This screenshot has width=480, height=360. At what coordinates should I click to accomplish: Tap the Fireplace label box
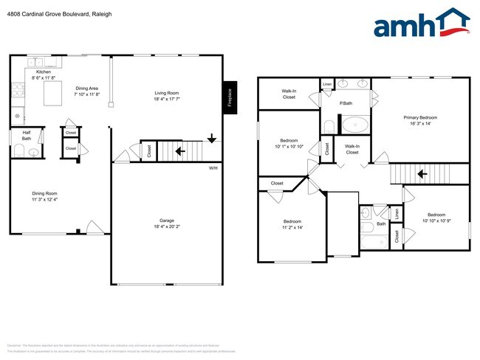(229, 97)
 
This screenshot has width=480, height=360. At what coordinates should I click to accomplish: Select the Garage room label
(167, 224)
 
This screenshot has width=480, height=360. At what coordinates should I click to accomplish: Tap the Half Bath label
(26, 135)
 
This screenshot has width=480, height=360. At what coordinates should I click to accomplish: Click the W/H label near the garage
(213, 168)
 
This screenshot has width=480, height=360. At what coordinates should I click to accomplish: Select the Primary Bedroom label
(420, 121)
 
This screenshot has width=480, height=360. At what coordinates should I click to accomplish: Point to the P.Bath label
(345, 103)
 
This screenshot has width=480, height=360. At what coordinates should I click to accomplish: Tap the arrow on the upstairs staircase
(423, 174)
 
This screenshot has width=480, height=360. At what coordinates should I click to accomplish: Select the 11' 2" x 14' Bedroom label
(292, 224)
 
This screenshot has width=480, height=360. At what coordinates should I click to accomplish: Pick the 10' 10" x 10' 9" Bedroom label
(436, 218)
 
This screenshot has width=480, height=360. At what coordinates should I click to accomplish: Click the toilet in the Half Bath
(20, 153)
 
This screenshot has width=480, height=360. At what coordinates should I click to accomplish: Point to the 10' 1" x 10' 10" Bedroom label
(289, 143)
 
